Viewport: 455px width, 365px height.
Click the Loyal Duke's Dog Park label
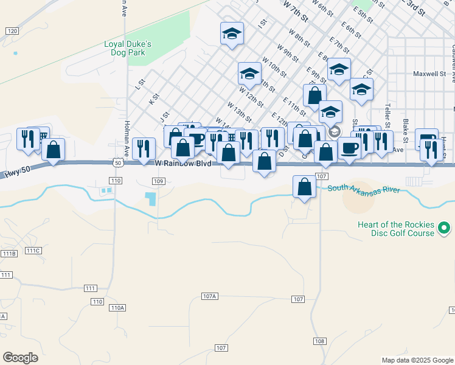[x=127, y=49]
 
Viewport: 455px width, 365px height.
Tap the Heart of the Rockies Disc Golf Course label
[x=396, y=229]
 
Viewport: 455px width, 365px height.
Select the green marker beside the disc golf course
[x=445, y=229]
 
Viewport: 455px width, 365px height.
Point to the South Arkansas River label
[x=363, y=189]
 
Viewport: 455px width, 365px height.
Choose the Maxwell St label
[x=429, y=74]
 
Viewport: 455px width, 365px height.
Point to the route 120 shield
[x=12, y=30]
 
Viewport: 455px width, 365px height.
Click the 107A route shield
[x=209, y=296]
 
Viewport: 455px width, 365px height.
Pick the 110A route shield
[x=117, y=308]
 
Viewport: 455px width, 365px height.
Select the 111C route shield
[x=33, y=251]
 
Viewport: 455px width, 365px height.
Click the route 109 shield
[x=158, y=181]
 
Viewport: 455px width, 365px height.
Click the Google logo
[x=21, y=357]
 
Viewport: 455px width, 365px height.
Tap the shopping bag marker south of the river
[x=304, y=187]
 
